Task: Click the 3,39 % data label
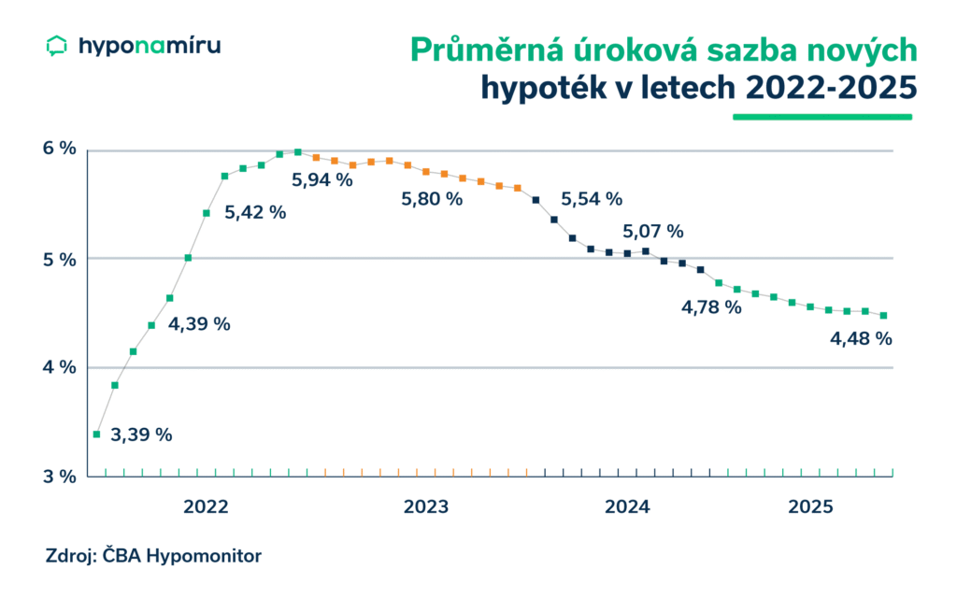pos(141,434)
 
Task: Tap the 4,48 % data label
pos(861,339)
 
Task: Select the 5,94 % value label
pos(322,180)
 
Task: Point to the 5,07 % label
pos(654,231)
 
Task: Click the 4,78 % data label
pos(710,306)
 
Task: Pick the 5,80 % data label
pos(432,199)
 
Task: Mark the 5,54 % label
pos(592,198)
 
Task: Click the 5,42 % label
pos(255,212)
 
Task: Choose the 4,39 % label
pos(199,324)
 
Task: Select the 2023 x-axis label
pos(426,507)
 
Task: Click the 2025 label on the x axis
pos(810,507)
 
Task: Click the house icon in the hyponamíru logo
pos(57,46)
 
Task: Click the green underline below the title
pos(821,117)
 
